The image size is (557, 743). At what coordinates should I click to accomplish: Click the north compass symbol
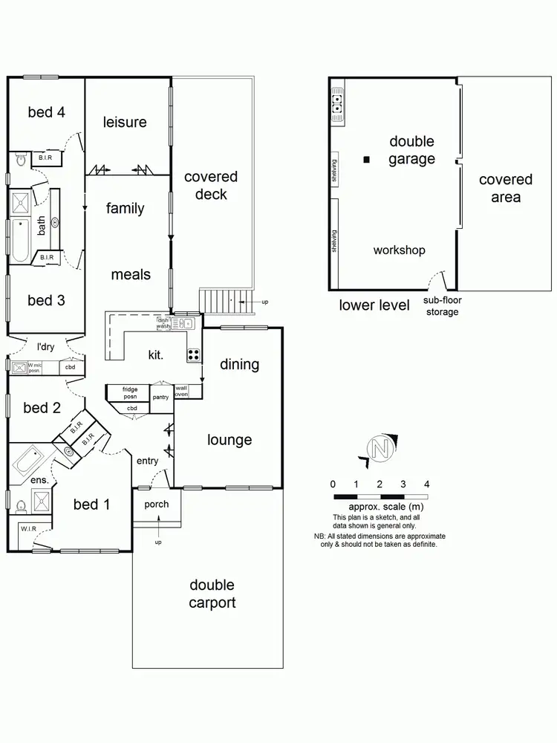tap(382, 449)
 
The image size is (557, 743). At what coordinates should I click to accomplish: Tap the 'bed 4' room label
tap(47, 112)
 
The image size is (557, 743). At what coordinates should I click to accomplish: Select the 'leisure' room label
tap(125, 122)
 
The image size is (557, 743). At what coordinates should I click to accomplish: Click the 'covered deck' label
tap(211, 186)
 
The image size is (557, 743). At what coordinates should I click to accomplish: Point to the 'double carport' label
tap(212, 594)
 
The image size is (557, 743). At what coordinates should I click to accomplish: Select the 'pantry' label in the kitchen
tap(160, 397)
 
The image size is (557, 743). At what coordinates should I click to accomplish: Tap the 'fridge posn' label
tap(130, 393)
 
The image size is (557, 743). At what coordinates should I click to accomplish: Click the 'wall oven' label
tap(181, 392)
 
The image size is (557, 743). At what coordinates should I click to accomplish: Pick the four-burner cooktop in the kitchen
tap(193, 354)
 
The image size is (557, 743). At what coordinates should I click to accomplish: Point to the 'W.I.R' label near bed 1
tap(29, 529)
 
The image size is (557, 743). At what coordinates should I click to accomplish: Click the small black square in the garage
tap(366, 159)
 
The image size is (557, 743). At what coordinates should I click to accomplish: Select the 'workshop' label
tap(399, 250)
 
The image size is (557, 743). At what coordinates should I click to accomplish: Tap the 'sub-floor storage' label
tap(441, 307)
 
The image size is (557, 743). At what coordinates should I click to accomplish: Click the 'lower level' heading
tap(374, 305)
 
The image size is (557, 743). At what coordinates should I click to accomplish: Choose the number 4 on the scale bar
tap(426, 484)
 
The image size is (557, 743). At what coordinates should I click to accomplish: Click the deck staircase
tap(221, 302)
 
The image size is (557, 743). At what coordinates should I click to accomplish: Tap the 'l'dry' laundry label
tap(47, 346)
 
